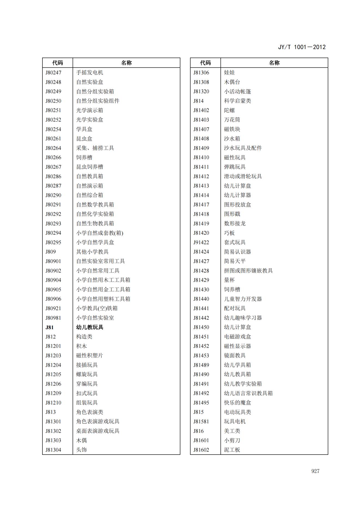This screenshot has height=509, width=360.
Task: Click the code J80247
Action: (x=53, y=73)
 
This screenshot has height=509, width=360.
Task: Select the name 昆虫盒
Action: (x=84, y=139)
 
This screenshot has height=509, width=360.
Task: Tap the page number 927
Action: (x=315, y=471)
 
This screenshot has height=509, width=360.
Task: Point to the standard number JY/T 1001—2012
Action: (x=301, y=47)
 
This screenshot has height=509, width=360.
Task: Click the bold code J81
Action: (x=50, y=327)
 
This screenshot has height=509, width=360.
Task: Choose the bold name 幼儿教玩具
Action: (x=90, y=327)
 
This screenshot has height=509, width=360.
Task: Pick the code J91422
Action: (x=201, y=242)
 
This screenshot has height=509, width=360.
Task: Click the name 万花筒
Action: (x=232, y=120)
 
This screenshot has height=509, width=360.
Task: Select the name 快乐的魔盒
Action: (x=237, y=403)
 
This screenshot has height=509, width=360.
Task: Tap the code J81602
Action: (x=201, y=450)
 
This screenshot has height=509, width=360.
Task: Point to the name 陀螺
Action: (x=229, y=110)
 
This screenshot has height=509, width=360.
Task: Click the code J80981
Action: (x=53, y=318)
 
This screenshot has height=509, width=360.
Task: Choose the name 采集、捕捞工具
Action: (x=95, y=148)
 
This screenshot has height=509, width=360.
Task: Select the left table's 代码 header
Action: (x=57, y=63)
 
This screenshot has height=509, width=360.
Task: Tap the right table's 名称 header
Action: (x=274, y=63)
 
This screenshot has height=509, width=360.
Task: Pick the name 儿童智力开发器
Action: (x=243, y=299)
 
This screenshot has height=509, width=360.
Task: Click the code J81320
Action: (x=201, y=91)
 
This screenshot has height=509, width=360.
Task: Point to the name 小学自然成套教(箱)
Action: (x=100, y=233)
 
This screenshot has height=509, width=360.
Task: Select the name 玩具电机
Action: (x=235, y=421)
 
